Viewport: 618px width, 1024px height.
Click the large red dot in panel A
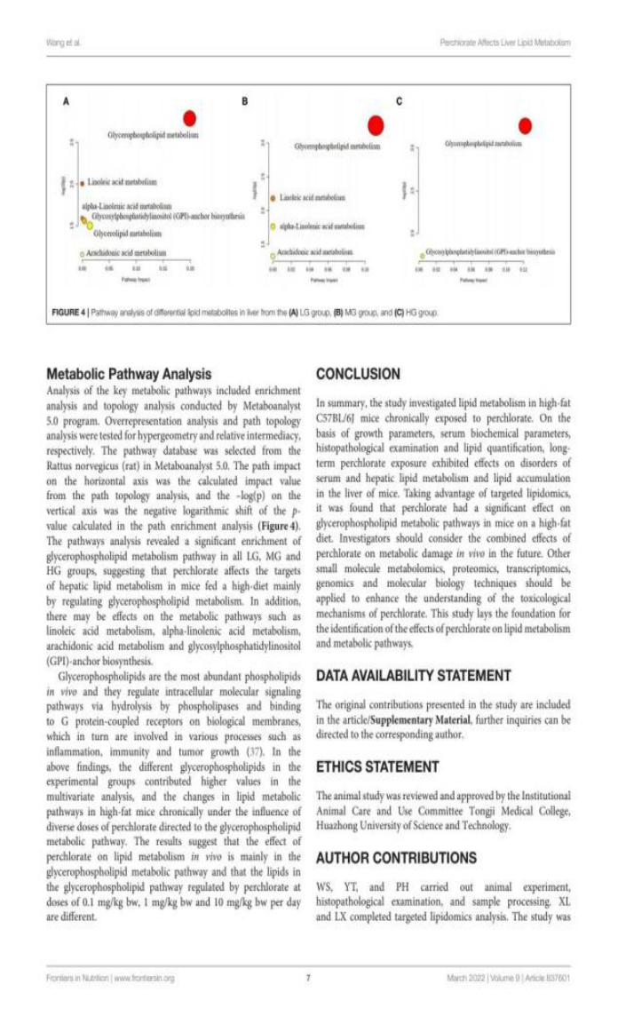(x=189, y=119)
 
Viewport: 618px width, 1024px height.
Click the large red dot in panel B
(x=375, y=126)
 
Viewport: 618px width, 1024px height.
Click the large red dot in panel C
(x=526, y=126)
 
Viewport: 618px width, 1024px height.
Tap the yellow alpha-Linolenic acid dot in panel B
(x=273, y=226)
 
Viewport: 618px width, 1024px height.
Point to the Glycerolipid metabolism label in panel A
(x=127, y=233)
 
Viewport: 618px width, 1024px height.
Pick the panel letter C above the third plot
(x=399, y=102)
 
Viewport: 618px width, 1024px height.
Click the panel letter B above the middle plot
(x=245, y=102)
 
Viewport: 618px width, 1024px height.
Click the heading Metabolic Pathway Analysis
(x=128, y=374)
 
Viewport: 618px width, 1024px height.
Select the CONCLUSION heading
(x=358, y=374)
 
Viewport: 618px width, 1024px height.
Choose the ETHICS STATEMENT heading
(x=377, y=766)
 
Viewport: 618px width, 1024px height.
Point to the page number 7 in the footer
(x=308, y=978)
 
